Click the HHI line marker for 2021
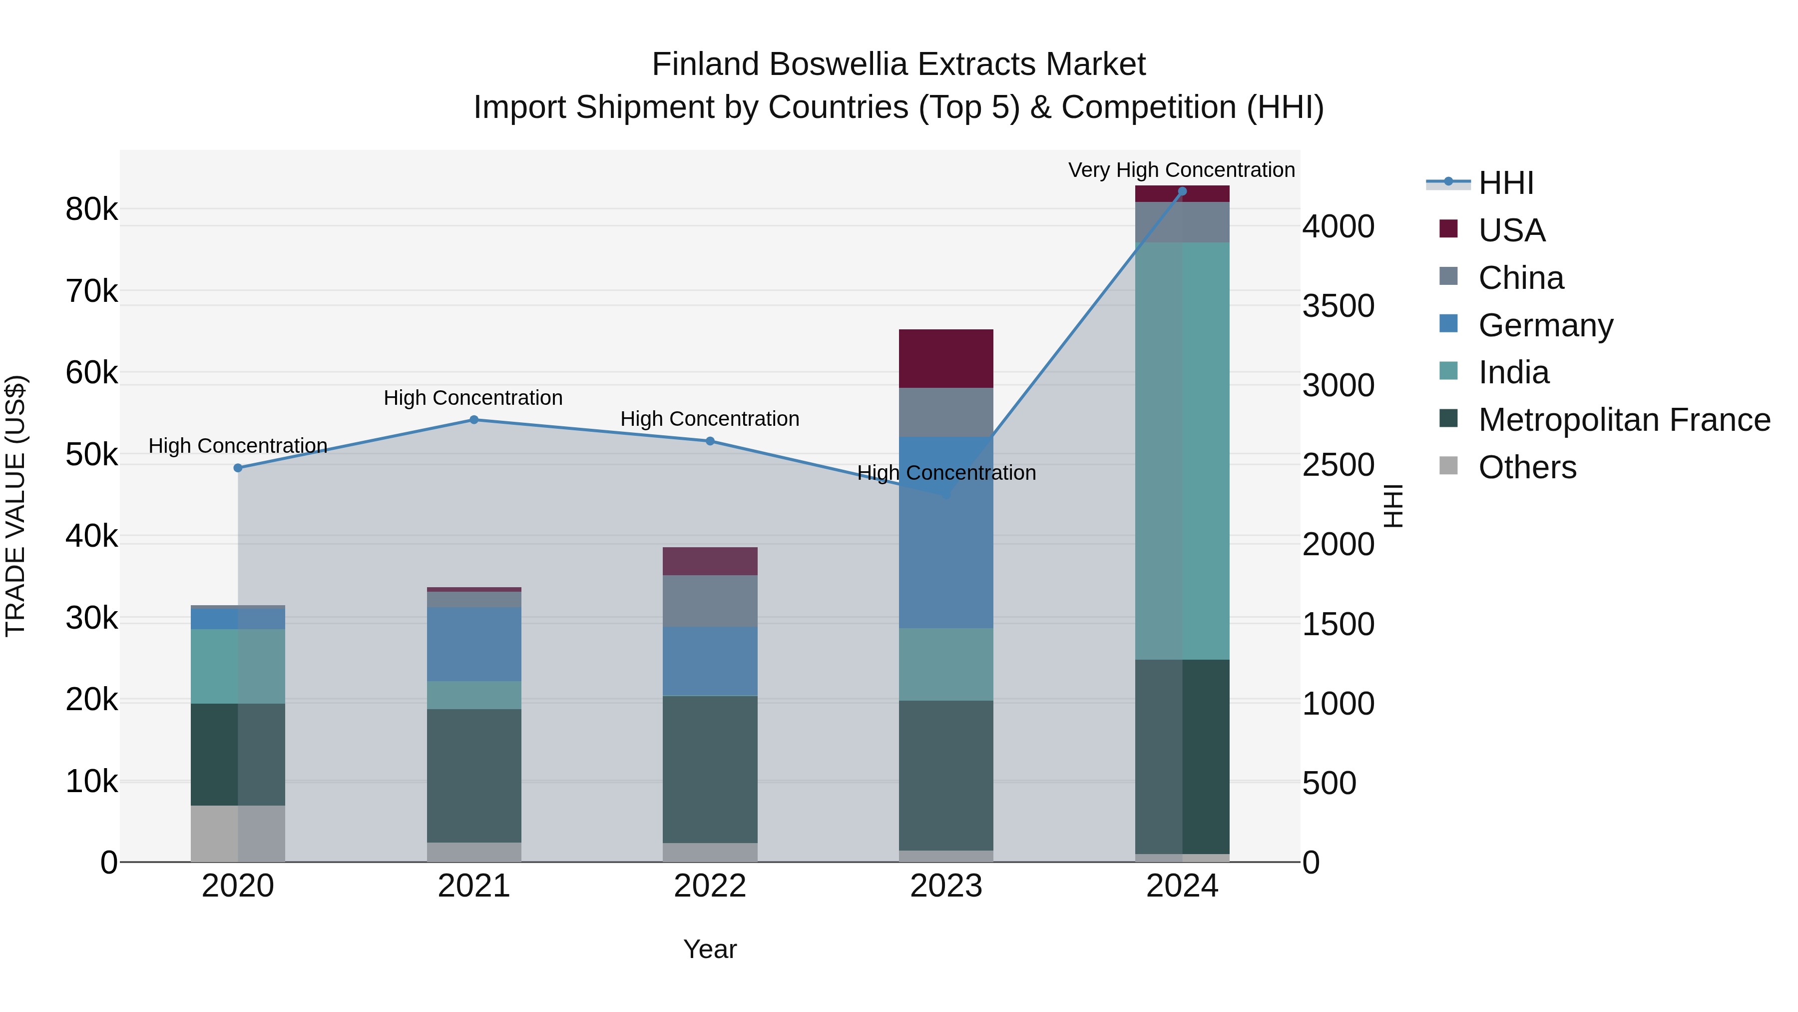pyautogui.click(x=474, y=420)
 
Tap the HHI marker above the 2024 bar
pyautogui.click(x=1182, y=191)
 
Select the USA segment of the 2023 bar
pyautogui.click(x=946, y=358)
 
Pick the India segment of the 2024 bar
pyautogui.click(x=1182, y=450)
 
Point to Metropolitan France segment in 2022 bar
pyautogui.click(x=710, y=769)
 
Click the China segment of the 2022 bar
pyautogui.click(x=710, y=601)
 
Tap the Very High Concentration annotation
pyautogui.click(x=1181, y=170)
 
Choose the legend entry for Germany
pyautogui.click(x=1545, y=325)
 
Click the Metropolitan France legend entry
pyautogui.click(x=1624, y=420)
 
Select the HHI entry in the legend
pyautogui.click(x=1505, y=183)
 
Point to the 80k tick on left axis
pyautogui.click(x=91, y=209)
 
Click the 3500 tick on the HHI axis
pyautogui.click(x=1338, y=306)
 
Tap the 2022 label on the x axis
pyautogui.click(x=710, y=886)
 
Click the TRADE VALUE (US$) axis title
pyautogui.click(x=15, y=506)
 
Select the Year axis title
pyautogui.click(x=710, y=949)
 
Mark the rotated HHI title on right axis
pyautogui.click(x=1393, y=506)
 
